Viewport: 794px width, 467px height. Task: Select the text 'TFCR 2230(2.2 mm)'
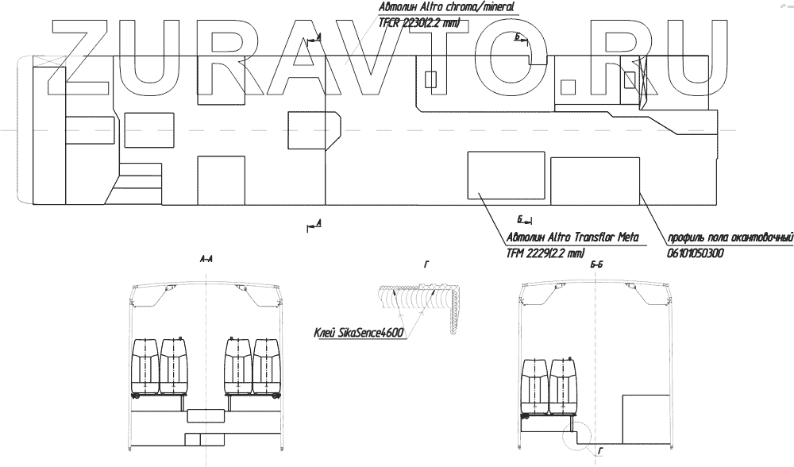419,23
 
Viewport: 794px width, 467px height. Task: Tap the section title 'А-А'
206,259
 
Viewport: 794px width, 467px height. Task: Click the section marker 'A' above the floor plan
318,37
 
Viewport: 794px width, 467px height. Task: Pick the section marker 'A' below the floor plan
318,225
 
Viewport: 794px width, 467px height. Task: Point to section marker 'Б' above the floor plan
517,37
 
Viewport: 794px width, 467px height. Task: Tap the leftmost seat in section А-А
145,367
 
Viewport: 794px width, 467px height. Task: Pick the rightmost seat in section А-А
268,367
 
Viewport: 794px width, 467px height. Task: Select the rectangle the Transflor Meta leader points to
506,174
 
